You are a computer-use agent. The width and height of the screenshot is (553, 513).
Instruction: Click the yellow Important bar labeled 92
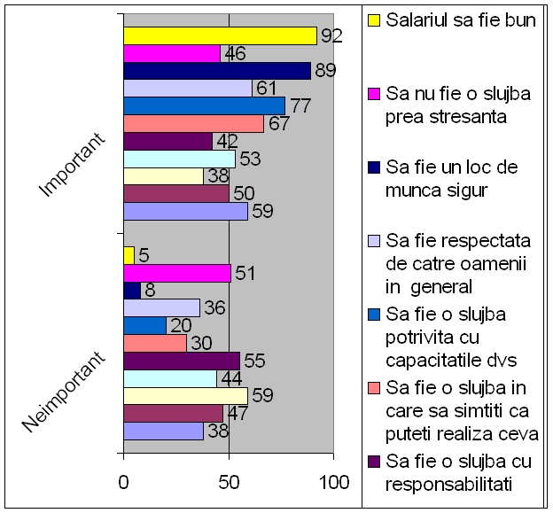point(220,35)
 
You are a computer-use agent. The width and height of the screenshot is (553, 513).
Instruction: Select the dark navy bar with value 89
point(216,71)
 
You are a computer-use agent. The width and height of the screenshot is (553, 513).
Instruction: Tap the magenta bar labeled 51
point(176,273)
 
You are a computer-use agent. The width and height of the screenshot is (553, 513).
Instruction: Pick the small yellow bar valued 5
point(129,255)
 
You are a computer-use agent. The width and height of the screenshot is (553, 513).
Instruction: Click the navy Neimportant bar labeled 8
point(131,291)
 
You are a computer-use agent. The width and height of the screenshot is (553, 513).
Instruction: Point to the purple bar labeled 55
point(181,361)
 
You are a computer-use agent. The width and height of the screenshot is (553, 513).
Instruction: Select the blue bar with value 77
point(204,106)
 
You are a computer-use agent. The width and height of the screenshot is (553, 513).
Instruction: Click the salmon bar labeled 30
point(154,343)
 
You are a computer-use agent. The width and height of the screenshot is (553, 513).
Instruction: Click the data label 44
point(230,378)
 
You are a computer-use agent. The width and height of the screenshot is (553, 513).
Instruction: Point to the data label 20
point(181,326)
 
